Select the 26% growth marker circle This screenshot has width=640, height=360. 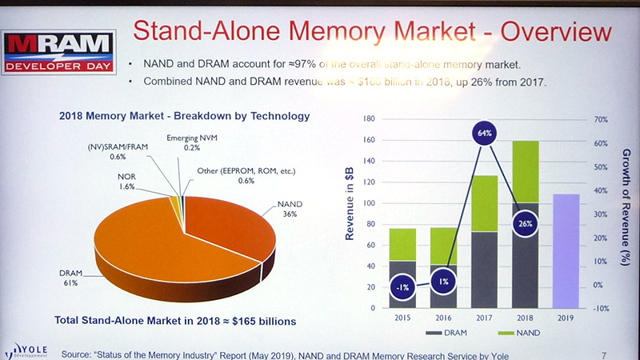[525, 223]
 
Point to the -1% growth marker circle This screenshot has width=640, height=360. [402, 286]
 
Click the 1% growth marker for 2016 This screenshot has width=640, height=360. [443, 282]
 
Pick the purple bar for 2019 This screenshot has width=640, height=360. [566, 250]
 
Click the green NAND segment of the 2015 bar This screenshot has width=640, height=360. [402, 244]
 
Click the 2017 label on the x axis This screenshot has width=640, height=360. [485, 317]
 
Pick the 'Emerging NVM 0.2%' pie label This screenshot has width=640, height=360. [190, 142]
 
